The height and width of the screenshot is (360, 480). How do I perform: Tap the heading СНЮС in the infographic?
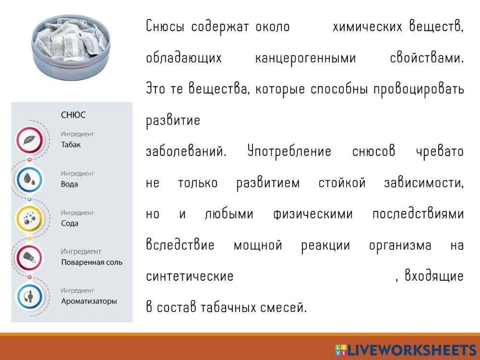click(73, 115)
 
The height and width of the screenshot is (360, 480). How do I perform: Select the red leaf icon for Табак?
click(29, 140)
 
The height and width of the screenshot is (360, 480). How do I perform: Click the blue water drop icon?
click(29, 179)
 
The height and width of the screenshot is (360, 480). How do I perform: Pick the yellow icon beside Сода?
click(29, 218)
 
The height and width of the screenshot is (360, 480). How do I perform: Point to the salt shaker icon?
click(29, 258)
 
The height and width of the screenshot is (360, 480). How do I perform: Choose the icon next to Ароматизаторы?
click(29, 297)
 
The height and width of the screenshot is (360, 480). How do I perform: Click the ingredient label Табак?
click(71, 144)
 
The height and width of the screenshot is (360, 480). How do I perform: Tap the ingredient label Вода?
click(69, 184)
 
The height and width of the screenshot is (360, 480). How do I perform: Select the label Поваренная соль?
click(92, 263)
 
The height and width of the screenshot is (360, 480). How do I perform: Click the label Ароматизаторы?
click(89, 301)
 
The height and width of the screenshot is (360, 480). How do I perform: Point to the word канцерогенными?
click(305, 58)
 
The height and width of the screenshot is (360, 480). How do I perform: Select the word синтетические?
click(190, 276)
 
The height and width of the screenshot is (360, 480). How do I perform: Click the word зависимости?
click(424, 183)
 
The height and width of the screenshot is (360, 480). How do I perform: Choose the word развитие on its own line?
click(173, 120)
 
